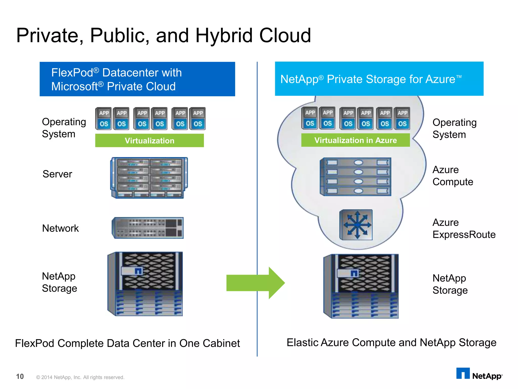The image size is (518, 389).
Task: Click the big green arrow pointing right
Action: pyautogui.click(x=255, y=283)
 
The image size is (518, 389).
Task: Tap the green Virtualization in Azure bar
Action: pyautogui.click(x=355, y=140)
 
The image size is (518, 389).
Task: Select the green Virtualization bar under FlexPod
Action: pyautogui.click(x=149, y=141)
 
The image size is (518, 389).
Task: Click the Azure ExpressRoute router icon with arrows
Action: pyautogui.click(x=356, y=225)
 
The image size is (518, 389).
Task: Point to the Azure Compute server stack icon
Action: pyautogui.click(x=355, y=177)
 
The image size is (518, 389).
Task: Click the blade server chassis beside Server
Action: pyautogui.click(x=149, y=178)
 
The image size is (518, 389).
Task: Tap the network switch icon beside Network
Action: pyautogui.click(x=148, y=228)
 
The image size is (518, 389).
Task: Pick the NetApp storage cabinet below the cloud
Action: pyautogui.click(x=361, y=286)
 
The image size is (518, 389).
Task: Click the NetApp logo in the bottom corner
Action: pyautogui.click(x=479, y=374)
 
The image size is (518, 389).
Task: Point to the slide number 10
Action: pyautogui.click(x=20, y=377)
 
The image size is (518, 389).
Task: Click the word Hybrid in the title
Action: pyautogui.click(x=224, y=35)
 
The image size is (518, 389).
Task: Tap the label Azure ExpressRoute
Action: pyautogui.click(x=464, y=228)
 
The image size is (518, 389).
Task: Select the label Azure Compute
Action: pyautogui.click(x=452, y=176)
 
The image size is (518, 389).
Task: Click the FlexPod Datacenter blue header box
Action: pyautogui.click(x=137, y=79)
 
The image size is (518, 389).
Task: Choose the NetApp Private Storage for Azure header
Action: pyautogui.click(x=379, y=79)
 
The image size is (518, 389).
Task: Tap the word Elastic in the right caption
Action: pyautogui.click(x=302, y=343)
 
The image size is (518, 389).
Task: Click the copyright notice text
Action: pyautogui.click(x=80, y=377)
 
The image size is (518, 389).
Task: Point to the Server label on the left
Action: pyautogui.click(x=57, y=174)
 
